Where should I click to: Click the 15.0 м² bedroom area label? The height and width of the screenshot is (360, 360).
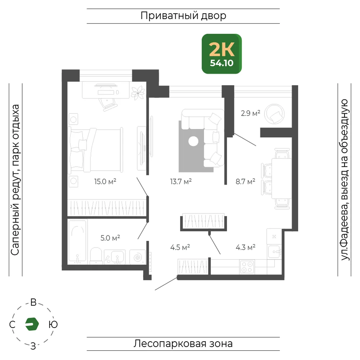(105, 181)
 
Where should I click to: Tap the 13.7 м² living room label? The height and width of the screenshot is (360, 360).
(181, 181)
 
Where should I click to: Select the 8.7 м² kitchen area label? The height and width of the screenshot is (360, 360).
(246, 181)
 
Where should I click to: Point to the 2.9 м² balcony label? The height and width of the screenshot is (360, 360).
(251, 113)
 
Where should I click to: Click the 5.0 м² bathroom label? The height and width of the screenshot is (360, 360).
(110, 238)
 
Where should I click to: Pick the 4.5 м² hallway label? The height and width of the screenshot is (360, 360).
(180, 247)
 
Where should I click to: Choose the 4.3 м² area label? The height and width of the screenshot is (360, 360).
(246, 247)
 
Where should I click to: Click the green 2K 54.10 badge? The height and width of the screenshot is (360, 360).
(221, 54)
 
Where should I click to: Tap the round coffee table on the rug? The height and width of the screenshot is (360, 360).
(193, 141)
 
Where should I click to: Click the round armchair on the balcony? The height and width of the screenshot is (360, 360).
(274, 114)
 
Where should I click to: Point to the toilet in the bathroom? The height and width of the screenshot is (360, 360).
(96, 256)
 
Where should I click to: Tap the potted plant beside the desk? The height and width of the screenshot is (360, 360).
(138, 93)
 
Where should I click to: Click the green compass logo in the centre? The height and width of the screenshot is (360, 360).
(32, 324)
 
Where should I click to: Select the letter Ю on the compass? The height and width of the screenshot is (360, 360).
(53, 324)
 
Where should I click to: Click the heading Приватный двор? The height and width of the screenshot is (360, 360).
(183, 16)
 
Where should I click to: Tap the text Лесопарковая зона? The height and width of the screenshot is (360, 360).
(183, 344)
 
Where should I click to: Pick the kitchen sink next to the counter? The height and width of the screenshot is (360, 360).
(275, 251)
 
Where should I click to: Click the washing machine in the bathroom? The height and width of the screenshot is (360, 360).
(138, 257)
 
